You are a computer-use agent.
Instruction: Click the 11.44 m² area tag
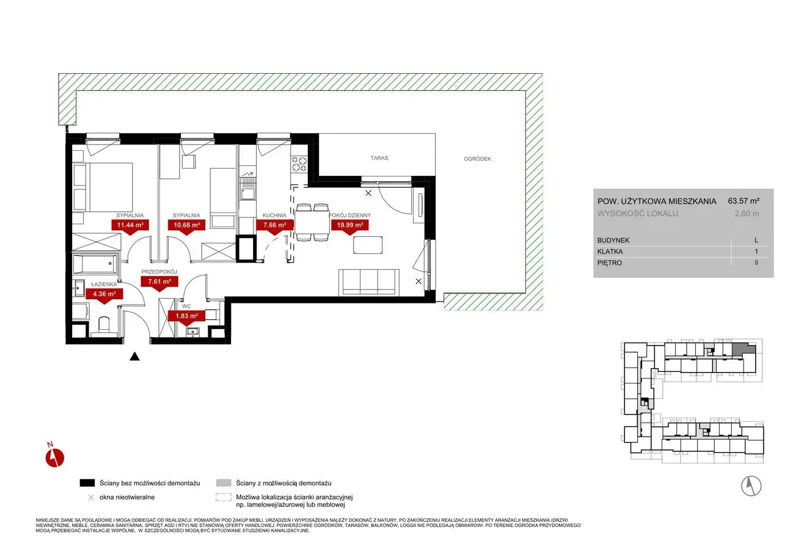pyautogui.click(x=130, y=225)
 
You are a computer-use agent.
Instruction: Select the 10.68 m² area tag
pyautogui.click(x=186, y=225)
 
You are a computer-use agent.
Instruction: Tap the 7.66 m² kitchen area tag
pyautogui.click(x=274, y=225)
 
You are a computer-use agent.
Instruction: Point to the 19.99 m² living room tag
pyautogui.click(x=350, y=225)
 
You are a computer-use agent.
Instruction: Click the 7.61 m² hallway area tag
pyautogui.click(x=159, y=281)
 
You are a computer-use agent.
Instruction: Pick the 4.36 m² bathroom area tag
pyautogui.click(x=104, y=294)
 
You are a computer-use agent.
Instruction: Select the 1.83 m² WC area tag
pyautogui.click(x=187, y=316)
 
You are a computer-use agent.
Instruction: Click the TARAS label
pyautogui.click(x=379, y=158)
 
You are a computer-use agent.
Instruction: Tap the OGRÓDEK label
pyautogui.click(x=477, y=159)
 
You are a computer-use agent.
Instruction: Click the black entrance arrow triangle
pyautogui.click(x=134, y=357)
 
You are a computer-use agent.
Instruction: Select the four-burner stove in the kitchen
pyautogui.click(x=299, y=164)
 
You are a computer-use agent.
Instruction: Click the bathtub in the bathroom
pyautogui.click(x=95, y=264)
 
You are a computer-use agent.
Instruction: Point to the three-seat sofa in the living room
pyautogui.click(x=368, y=282)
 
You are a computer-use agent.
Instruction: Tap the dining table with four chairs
pyautogui.click(x=312, y=222)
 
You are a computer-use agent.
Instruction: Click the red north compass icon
pyautogui.click(x=54, y=457)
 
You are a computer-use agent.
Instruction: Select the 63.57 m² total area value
pyautogui.click(x=743, y=201)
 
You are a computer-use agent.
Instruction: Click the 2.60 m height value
pyautogui.click(x=747, y=214)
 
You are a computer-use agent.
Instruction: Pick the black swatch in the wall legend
pyautogui.click(x=87, y=483)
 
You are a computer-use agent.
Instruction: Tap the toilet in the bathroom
pyautogui.click(x=104, y=325)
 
